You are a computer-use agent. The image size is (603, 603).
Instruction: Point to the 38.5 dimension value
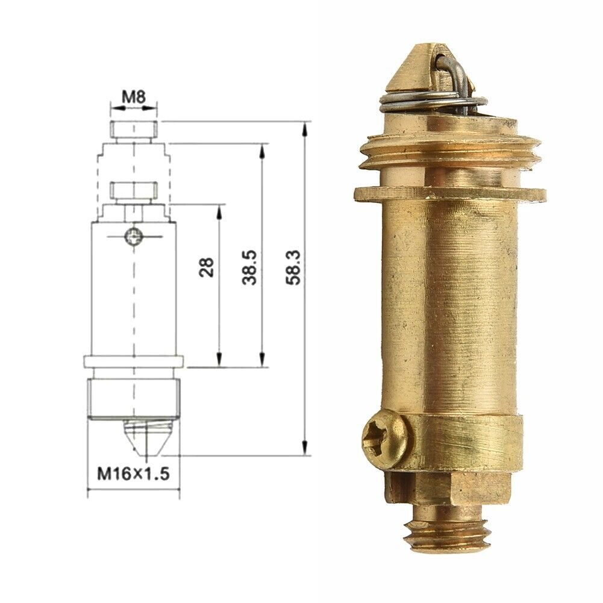click(x=251, y=267)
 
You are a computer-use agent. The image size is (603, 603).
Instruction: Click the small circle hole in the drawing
click(x=133, y=237)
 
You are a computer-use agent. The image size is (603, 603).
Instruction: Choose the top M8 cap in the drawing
click(x=134, y=129)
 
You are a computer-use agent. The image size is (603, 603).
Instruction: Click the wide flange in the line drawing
click(x=133, y=361)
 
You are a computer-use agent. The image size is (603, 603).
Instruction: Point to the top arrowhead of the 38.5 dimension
click(x=263, y=151)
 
